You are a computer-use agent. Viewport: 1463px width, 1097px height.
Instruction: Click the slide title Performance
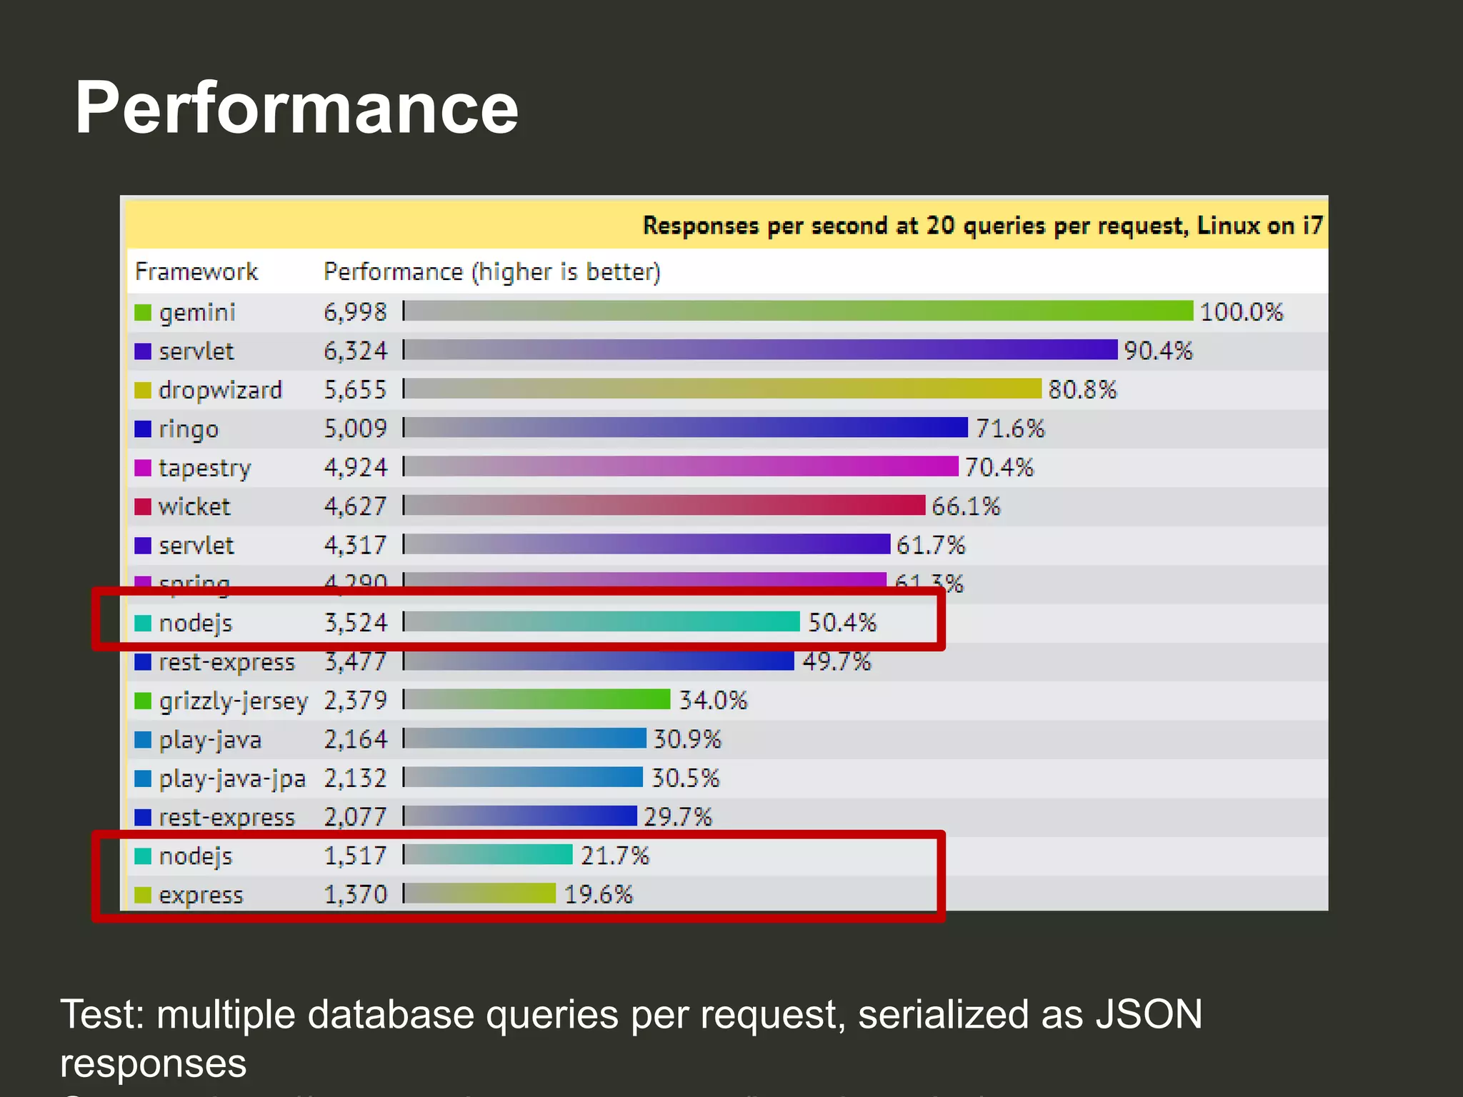(x=296, y=109)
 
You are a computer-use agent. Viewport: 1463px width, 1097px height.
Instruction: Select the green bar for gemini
(x=798, y=311)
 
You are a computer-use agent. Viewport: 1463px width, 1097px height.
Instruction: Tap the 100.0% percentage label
(x=1241, y=312)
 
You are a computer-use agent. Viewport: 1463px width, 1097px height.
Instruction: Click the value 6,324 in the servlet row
(x=355, y=351)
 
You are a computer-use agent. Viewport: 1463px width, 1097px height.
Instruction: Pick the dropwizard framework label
(x=220, y=390)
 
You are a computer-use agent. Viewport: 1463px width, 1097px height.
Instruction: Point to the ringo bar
(x=686, y=428)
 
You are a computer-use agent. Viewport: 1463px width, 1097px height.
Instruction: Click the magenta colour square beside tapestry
(x=143, y=468)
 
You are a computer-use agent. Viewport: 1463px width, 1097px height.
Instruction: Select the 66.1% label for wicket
(x=966, y=506)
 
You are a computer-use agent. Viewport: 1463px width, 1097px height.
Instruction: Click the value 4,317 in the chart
(x=355, y=546)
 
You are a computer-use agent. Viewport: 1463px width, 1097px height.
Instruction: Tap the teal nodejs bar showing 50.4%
(x=602, y=622)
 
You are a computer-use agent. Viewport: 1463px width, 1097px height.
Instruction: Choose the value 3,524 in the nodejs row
(x=355, y=623)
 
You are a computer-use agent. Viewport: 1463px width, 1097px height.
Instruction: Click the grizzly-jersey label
(x=233, y=701)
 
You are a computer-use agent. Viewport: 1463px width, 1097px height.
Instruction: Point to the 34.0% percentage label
(x=712, y=700)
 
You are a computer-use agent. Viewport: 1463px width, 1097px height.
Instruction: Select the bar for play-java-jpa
(x=524, y=777)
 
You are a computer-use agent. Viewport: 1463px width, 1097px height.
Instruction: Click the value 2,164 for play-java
(x=355, y=739)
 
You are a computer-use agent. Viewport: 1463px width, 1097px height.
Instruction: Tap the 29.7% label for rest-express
(x=677, y=816)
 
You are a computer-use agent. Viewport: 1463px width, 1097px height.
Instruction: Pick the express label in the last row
(x=201, y=895)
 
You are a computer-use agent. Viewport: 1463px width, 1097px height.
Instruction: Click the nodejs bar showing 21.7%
(x=489, y=855)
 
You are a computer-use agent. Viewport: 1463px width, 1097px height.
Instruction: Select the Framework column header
(x=196, y=272)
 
